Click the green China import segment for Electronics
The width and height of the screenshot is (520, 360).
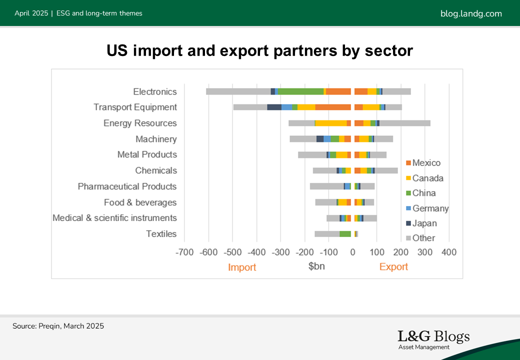click(300, 91)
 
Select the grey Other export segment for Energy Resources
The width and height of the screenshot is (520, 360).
click(404, 123)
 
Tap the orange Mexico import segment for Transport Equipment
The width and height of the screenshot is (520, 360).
click(333, 107)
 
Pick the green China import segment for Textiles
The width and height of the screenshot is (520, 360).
click(345, 233)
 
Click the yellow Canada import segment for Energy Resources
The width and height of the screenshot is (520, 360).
click(331, 123)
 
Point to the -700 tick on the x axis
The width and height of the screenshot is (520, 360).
click(185, 252)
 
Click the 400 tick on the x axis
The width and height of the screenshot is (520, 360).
click(449, 252)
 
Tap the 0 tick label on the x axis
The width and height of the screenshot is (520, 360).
click(353, 252)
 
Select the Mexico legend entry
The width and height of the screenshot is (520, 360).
click(426, 163)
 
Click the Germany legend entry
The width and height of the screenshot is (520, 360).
click(430, 208)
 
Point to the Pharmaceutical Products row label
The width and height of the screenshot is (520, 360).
click(127, 186)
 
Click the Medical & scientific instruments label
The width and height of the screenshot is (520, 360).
click(114, 218)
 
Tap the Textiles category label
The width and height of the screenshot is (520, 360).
click(161, 233)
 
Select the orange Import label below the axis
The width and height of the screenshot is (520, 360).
click(242, 267)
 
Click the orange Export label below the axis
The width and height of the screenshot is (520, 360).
click(393, 266)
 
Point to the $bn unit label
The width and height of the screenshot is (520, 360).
click(316, 266)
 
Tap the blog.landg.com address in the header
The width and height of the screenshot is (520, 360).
click(471, 13)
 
